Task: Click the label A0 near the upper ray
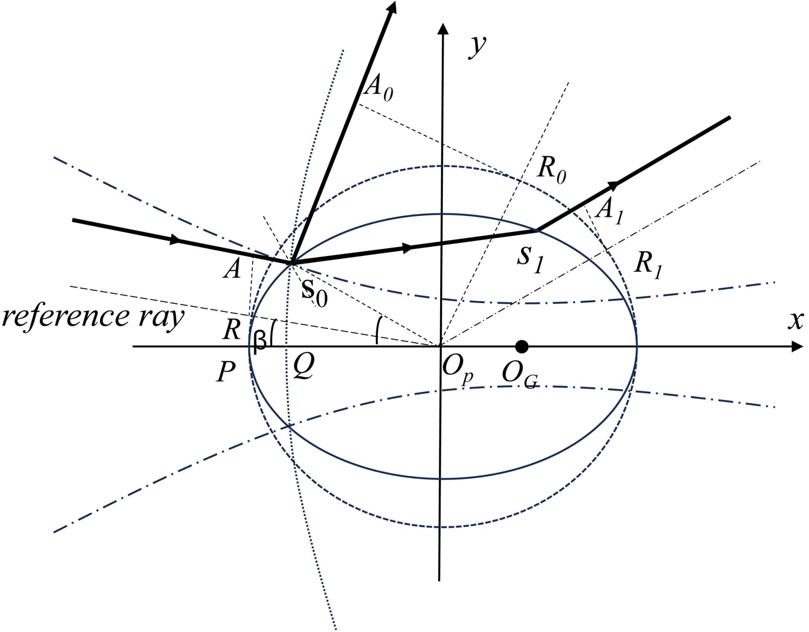(378, 89)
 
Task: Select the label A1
(610, 211)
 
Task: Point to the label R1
(648, 265)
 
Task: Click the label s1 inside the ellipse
(530, 259)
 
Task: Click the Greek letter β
(260, 341)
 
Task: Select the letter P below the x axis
(226, 371)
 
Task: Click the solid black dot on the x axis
(522, 347)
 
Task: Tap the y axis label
(477, 47)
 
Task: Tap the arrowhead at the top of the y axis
(443, 28)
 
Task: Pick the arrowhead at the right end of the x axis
(798, 347)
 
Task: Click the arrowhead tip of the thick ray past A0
(392, 6)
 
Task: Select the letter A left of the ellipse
(232, 269)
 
